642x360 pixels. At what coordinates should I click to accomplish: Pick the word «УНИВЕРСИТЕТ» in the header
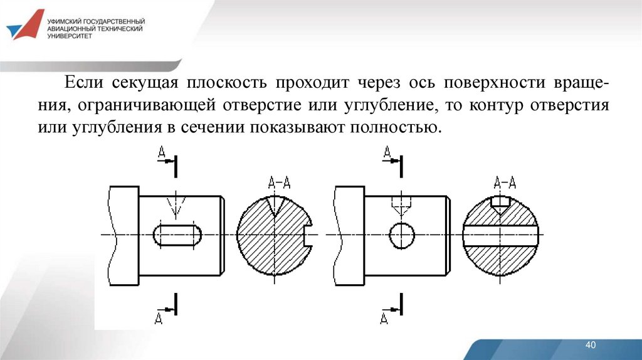(x=69, y=37)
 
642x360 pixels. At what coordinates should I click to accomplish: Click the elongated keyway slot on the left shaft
(x=177, y=235)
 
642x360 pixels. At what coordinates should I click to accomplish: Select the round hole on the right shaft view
(x=401, y=235)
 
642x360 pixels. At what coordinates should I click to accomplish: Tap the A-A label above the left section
(x=279, y=183)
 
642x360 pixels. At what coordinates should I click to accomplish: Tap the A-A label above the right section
(x=505, y=183)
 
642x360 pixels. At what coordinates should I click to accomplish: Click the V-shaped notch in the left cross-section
(x=274, y=204)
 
